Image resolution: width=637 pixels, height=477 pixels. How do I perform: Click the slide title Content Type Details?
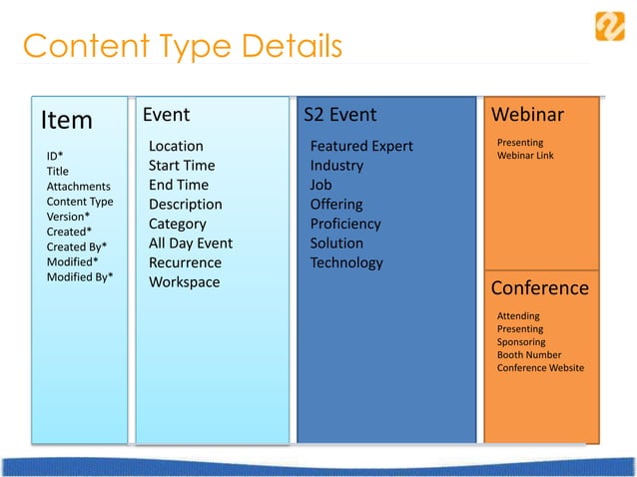(x=182, y=46)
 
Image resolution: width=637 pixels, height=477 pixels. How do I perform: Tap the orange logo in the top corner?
(x=609, y=25)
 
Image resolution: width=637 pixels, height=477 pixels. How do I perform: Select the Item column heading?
(x=67, y=121)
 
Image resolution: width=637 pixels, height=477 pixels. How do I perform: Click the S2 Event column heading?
(x=340, y=115)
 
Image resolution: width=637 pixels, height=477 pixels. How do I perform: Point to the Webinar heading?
(x=527, y=115)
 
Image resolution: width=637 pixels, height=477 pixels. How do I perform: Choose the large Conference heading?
(x=539, y=288)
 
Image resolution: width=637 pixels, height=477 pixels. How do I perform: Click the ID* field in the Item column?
(x=56, y=157)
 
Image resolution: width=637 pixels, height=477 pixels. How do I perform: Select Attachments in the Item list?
(x=78, y=187)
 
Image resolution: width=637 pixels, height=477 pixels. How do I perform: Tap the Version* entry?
(x=68, y=217)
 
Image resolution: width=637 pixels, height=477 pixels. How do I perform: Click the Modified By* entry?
(x=80, y=276)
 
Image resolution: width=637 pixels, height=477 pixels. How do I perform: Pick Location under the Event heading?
(x=176, y=147)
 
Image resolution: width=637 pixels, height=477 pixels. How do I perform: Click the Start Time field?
(x=182, y=166)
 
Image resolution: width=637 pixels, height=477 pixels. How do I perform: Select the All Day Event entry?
(x=190, y=243)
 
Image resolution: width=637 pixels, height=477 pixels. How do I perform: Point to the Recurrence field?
(x=185, y=263)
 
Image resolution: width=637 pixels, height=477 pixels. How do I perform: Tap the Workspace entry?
(x=184, y=282)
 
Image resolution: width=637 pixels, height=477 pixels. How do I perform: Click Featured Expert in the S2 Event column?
(x=361, y=147)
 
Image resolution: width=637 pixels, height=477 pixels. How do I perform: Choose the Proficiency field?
(x=345, y=225)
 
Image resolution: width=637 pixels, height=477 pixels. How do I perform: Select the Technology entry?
(x=346, y=263)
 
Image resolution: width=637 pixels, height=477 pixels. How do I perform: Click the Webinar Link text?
(x=525, y=156)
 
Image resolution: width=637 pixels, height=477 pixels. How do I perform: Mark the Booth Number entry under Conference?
(x=529, y=355)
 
